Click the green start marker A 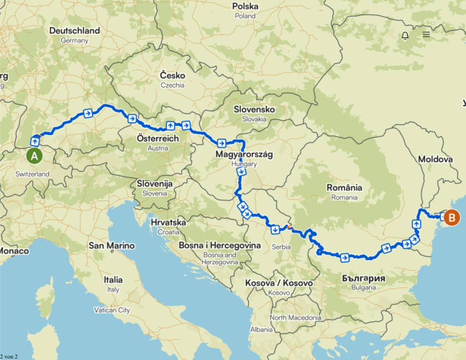coord(34,154)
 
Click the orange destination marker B coord(452,217)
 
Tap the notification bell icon coord(405,34)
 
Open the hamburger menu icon coord(426,34)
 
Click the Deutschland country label coord(75,31)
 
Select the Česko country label coord(173,75)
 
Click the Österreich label coord(157,138)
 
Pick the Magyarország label coord(245,154)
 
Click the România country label coord(344,187)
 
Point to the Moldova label coord(435,159)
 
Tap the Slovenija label coord(155,184)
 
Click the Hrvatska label coord(169,223)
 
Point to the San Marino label coord(111,246)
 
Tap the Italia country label coord(113,280)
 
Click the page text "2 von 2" coord(11,356)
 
